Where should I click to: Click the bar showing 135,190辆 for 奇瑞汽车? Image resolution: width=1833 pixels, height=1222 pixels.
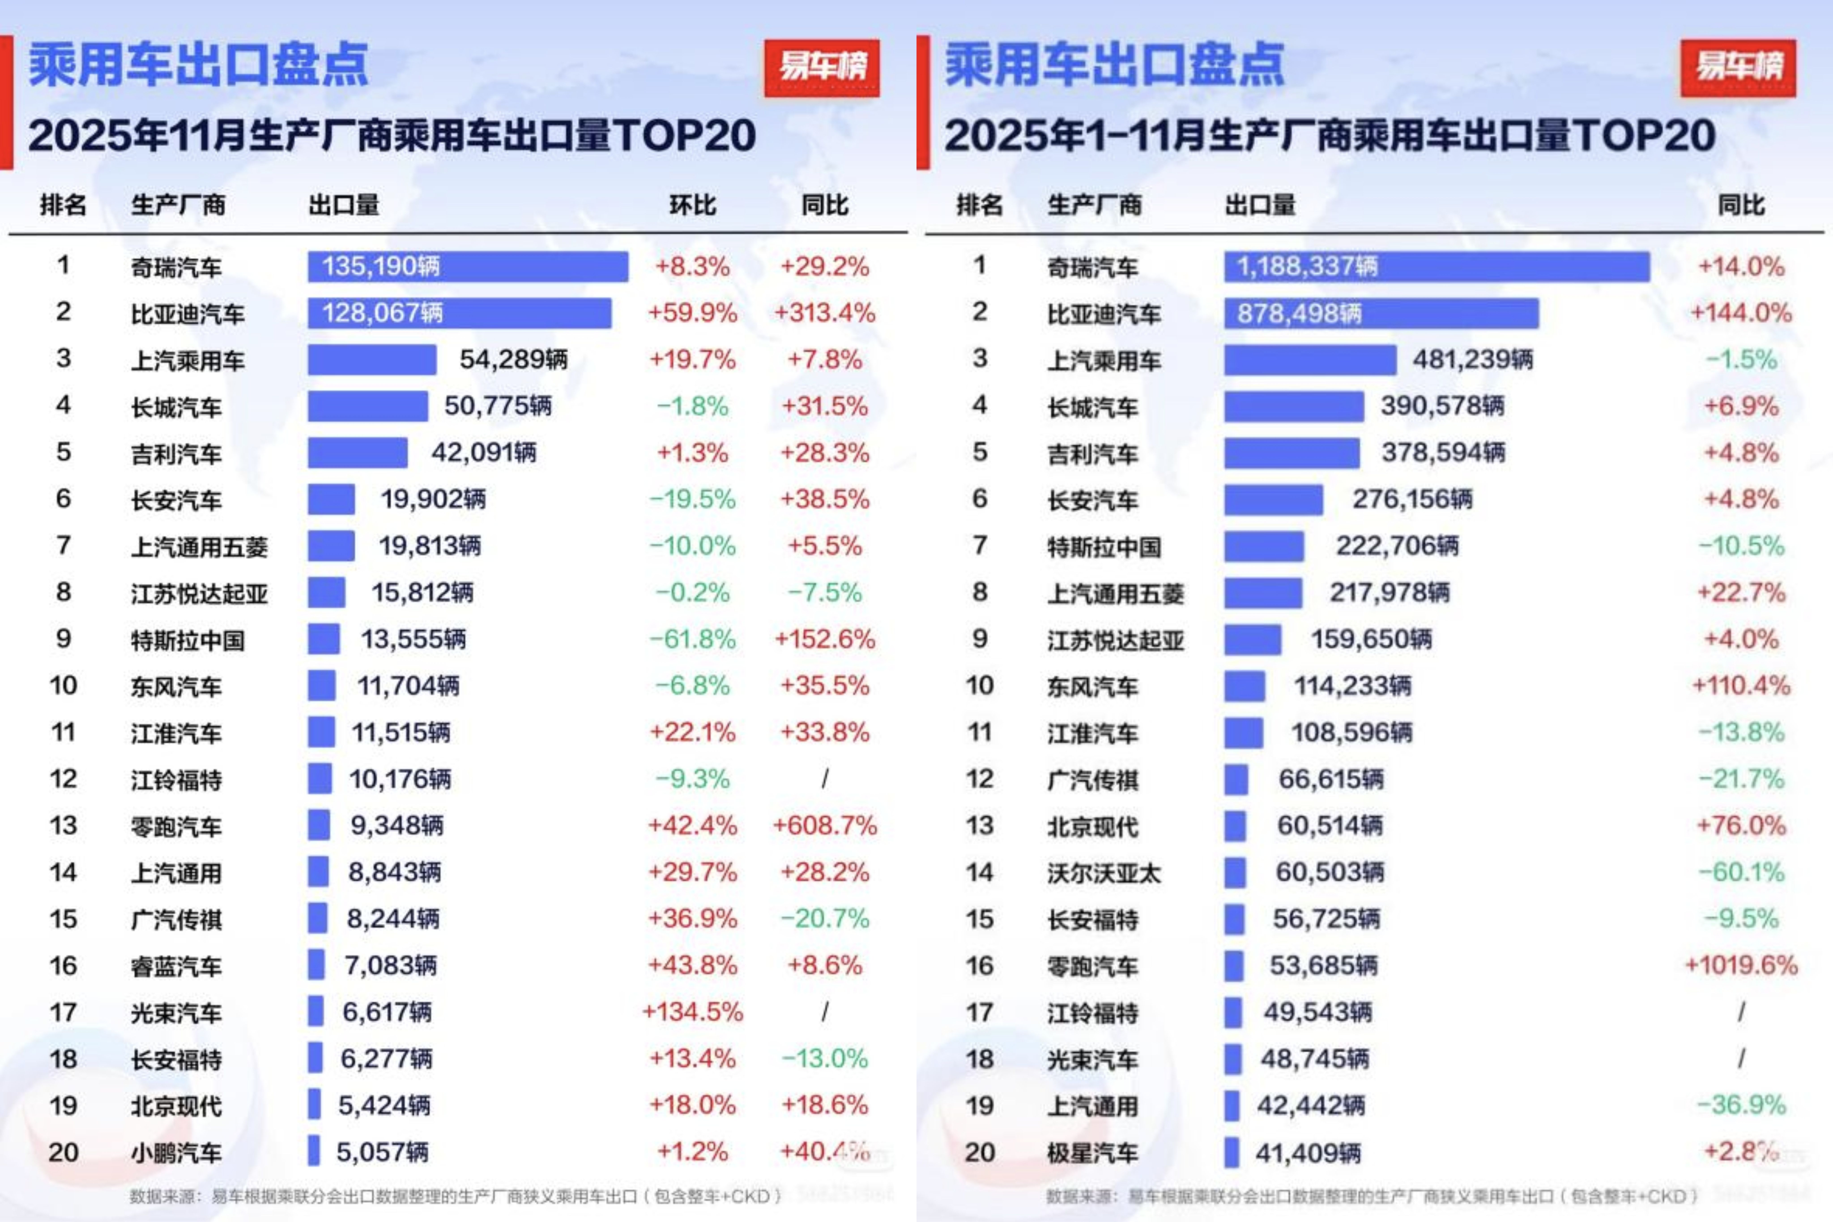[x=467, y=267]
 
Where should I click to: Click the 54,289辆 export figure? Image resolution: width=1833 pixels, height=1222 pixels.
[x=513, y=360]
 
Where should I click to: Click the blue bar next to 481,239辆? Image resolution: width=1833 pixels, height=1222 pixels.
[x=1309, y=360]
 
